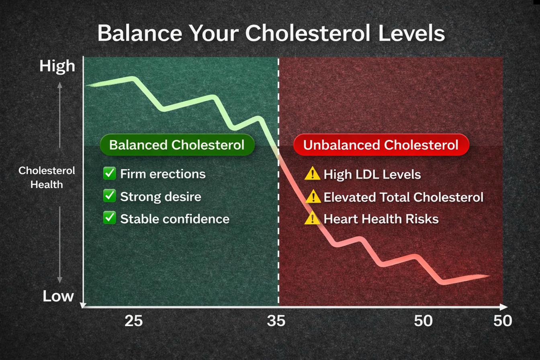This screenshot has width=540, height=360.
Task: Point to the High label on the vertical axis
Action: point(57,66)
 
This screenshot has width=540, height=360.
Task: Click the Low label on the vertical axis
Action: point(58,297)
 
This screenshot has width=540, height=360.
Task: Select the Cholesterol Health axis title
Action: point(47,177)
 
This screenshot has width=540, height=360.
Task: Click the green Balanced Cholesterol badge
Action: point(177,145)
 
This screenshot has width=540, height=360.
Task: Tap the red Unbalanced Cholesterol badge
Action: point(381,145)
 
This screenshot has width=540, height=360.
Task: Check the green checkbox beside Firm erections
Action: point(109,174)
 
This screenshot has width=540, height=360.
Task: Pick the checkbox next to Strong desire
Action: point(109,196)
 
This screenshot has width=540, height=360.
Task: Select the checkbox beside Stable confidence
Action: point(109,218)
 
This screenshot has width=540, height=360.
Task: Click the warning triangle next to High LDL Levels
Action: point(312,174)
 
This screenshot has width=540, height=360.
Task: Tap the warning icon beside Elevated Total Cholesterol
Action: point(313,197)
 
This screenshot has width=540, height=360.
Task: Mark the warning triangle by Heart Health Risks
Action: point(312,219)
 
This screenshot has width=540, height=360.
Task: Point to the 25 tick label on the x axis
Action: point(133,321)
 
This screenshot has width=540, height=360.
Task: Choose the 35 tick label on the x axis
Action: point(276,321)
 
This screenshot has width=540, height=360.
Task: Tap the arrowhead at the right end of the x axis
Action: point(504,307)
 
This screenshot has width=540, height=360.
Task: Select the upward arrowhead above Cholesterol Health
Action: point(59,84)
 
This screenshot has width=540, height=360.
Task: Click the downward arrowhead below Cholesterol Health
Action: point(59,280)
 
